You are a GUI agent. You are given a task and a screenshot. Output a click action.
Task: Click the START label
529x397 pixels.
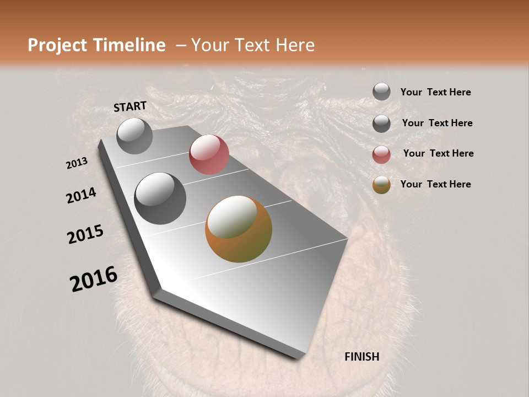[x=130, y=106]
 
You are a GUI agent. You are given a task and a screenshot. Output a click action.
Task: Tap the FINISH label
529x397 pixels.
[x=361, y=357]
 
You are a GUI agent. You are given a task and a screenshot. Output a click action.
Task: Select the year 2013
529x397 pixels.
[x=77, y=163]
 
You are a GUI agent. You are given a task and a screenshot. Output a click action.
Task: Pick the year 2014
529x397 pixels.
[x=81, y=196]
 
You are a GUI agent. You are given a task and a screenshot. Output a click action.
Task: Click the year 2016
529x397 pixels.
[x=94, y=279]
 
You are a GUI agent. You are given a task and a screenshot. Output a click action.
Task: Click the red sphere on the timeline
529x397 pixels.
[x=209, y=154]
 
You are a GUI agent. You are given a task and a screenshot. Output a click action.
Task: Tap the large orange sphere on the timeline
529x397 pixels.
[x=239, y=229]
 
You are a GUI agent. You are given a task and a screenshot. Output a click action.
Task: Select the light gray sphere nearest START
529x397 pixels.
[x=134, y=136]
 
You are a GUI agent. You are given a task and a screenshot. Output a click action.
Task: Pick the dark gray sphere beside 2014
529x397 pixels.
[x=160, y=198]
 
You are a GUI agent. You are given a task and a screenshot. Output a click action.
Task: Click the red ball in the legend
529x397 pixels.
[x=381, y=154]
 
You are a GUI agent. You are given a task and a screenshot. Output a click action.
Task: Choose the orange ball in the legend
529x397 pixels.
[x=381, y=185]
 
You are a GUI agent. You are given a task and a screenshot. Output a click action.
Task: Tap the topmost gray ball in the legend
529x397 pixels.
[x=381, y=92]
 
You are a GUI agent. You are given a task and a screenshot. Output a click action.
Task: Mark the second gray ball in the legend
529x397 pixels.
[x=381, y=124]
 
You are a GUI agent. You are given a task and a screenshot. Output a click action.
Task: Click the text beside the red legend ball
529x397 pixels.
[x=438, y=153]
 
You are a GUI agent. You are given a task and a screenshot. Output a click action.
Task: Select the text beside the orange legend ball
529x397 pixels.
[x=435, y=184]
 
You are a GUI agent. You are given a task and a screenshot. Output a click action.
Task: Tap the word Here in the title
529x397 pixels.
[x=294, y=45]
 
